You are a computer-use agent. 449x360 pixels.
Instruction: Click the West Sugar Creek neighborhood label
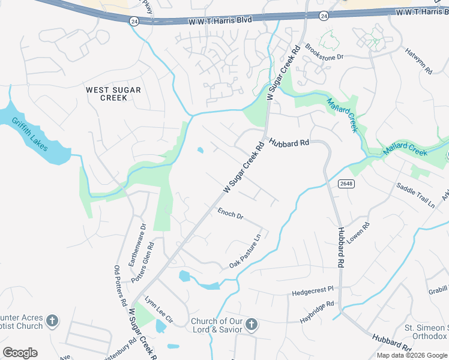point(113,94)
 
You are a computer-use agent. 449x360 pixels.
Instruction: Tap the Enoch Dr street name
point(230,213)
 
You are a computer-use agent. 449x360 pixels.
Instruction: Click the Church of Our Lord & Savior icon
point(251,325)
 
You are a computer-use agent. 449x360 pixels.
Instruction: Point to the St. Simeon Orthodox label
point(426,332)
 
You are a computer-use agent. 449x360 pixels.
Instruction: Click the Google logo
point(20,353)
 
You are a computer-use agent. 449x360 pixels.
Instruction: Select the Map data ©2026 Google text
point(412,355)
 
